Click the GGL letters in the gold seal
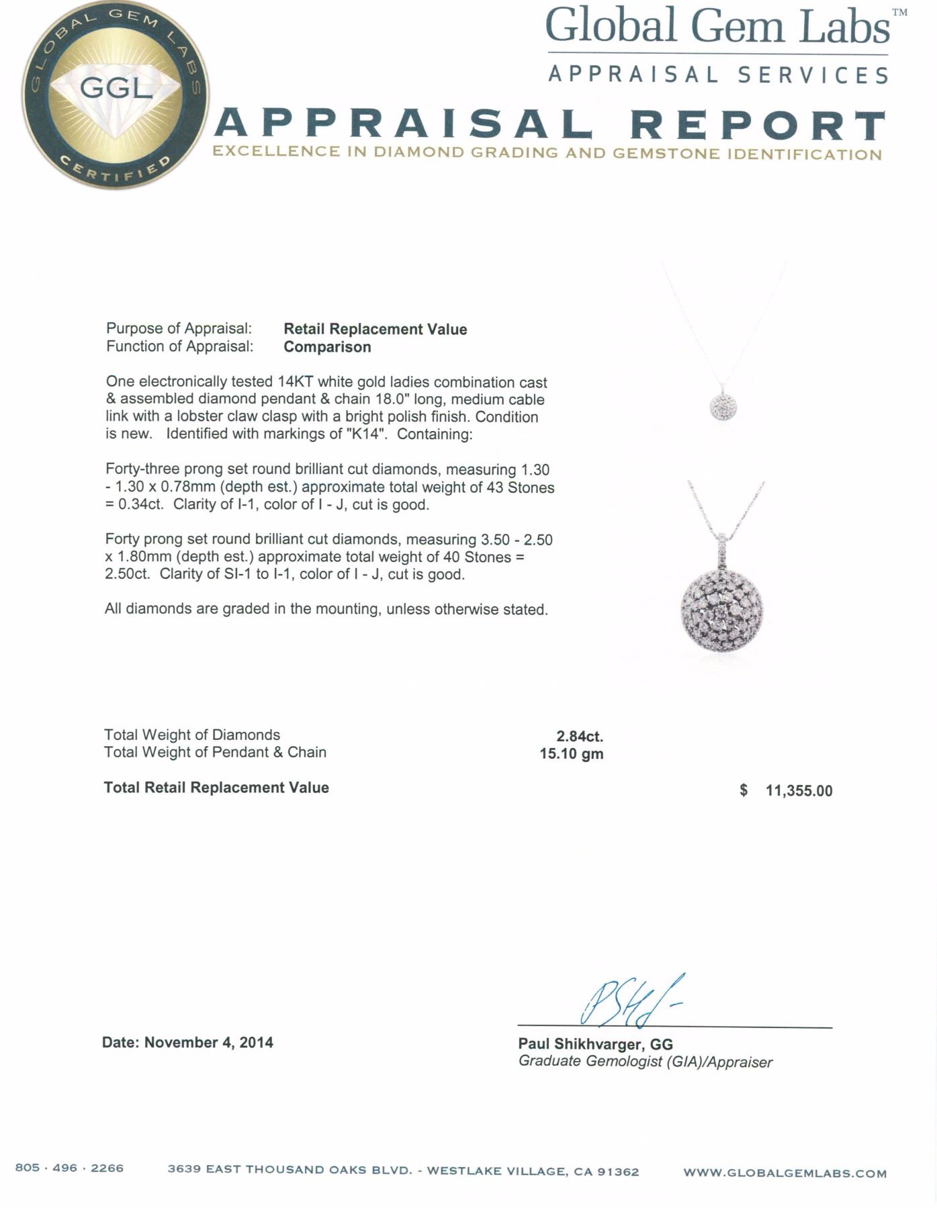117,88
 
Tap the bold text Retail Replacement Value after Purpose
375,329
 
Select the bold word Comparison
327,346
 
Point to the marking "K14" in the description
367,434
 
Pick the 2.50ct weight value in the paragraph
128,575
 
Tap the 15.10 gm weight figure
571,754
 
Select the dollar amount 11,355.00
798,791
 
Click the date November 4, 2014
209,1042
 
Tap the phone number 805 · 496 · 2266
69,1168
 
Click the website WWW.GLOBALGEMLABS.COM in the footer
785,1173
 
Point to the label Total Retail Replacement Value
216,788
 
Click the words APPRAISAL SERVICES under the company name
718,75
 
